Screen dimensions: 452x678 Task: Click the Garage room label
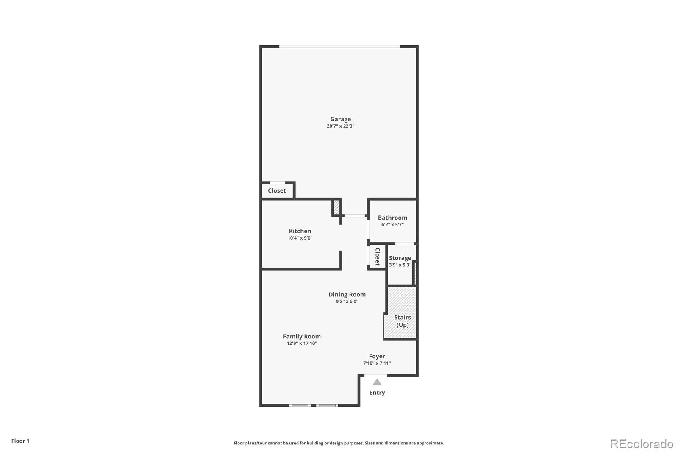point(340,119)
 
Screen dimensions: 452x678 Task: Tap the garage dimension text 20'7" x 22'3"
point(340,126)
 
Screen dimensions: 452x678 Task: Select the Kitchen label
point(300,231)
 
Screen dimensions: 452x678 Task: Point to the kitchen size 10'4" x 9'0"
point(300,238)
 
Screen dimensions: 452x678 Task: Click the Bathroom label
point(392,218)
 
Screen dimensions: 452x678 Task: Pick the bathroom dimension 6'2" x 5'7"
point(392,224)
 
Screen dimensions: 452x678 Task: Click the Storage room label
point(400,258)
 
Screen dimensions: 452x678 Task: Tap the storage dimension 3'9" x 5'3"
point(400,265)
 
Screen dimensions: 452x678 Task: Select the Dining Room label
point(347,294)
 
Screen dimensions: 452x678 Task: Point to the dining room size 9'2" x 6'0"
point(347,301)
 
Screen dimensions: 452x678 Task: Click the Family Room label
point(302,336)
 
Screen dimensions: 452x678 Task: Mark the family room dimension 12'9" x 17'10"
point(302,343)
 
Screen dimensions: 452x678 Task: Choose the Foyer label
point(377,356)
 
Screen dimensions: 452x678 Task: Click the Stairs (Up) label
point(403,321)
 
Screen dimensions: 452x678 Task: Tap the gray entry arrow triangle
point(377,382)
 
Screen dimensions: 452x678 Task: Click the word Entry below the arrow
point(377,393)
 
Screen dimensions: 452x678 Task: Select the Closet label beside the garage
point(277,190)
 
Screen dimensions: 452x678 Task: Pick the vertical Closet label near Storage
point(377,257)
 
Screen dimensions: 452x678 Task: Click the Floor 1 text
point(20,441)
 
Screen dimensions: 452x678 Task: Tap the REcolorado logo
point(642,444)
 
